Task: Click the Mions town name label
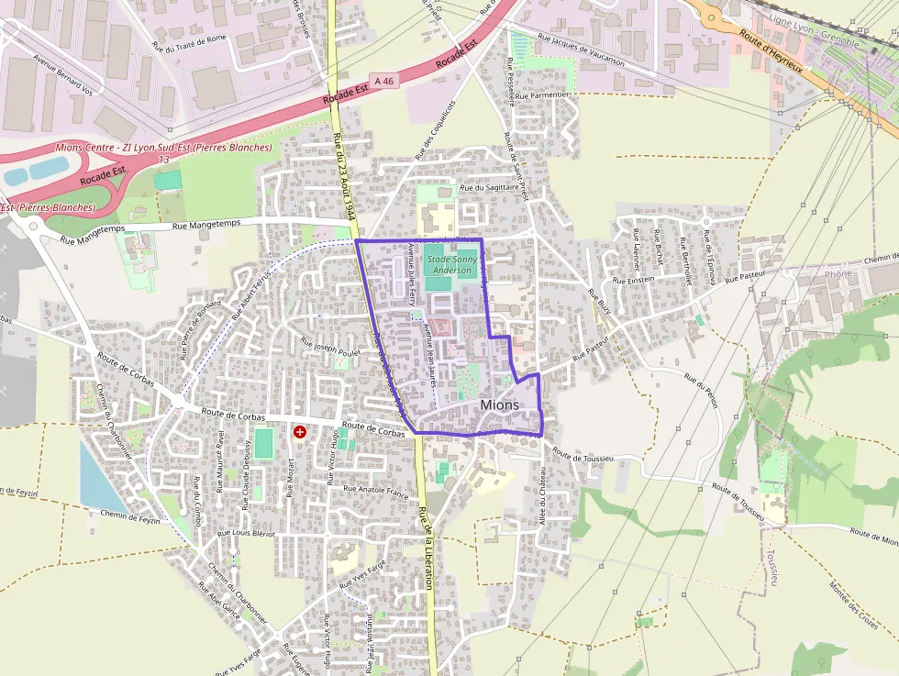(x=499, y=404)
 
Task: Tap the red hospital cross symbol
(x=300, y=431)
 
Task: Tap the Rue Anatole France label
(x=375, y=490)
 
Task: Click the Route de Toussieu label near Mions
(x=583, y=455)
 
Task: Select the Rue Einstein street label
(x=633, y=279)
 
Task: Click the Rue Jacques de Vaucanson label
(x=581, y=50)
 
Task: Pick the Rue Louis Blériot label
(x=246, y=532)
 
